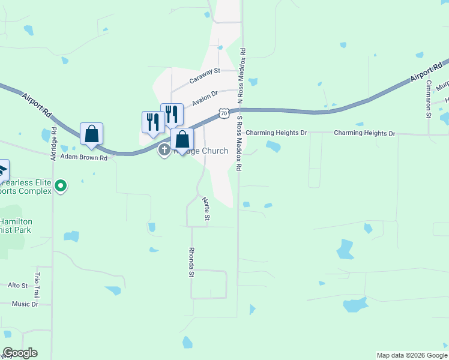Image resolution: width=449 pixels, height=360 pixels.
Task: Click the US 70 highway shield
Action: click(x=223, y=113)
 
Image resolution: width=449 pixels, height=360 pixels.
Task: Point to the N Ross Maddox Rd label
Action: click(x=243, y=76)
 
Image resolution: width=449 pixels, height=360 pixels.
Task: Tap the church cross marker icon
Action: click(x=164, y=150)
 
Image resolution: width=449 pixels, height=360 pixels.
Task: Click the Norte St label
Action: click(x=205, y=208)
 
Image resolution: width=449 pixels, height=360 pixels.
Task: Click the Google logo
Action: click(x=20, y=353)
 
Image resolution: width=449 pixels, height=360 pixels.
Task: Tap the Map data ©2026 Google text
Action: click(x=412, y=355)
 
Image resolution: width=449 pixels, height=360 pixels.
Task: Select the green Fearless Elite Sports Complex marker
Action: click(x=60, y=187)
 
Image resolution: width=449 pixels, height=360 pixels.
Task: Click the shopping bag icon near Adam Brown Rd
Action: click(x=91, y=134)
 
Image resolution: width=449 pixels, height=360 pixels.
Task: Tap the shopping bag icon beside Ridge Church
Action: click(x=182, y=140)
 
